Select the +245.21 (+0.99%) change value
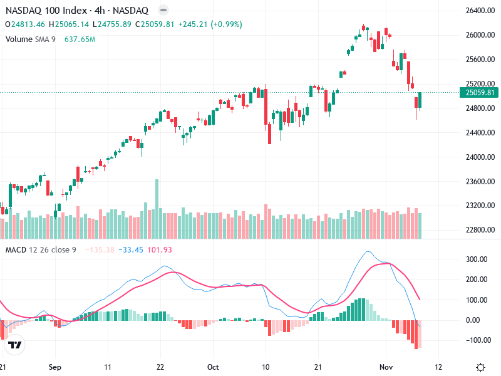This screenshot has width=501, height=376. (x=210, y=24)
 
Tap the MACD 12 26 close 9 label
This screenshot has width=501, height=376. (x=41, y=250)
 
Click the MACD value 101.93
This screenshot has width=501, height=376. (x=159, y=250)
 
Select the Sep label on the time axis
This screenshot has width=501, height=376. (x=55, y=367)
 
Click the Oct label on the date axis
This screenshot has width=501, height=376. (x=213, y=367)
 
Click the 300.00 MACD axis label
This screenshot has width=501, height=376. (x=477, y=259)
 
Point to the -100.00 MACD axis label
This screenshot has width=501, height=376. (x=477, y=340)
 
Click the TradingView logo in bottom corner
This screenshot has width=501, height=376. (x=15, y=345)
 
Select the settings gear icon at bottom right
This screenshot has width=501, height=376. (x=480, y=367)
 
